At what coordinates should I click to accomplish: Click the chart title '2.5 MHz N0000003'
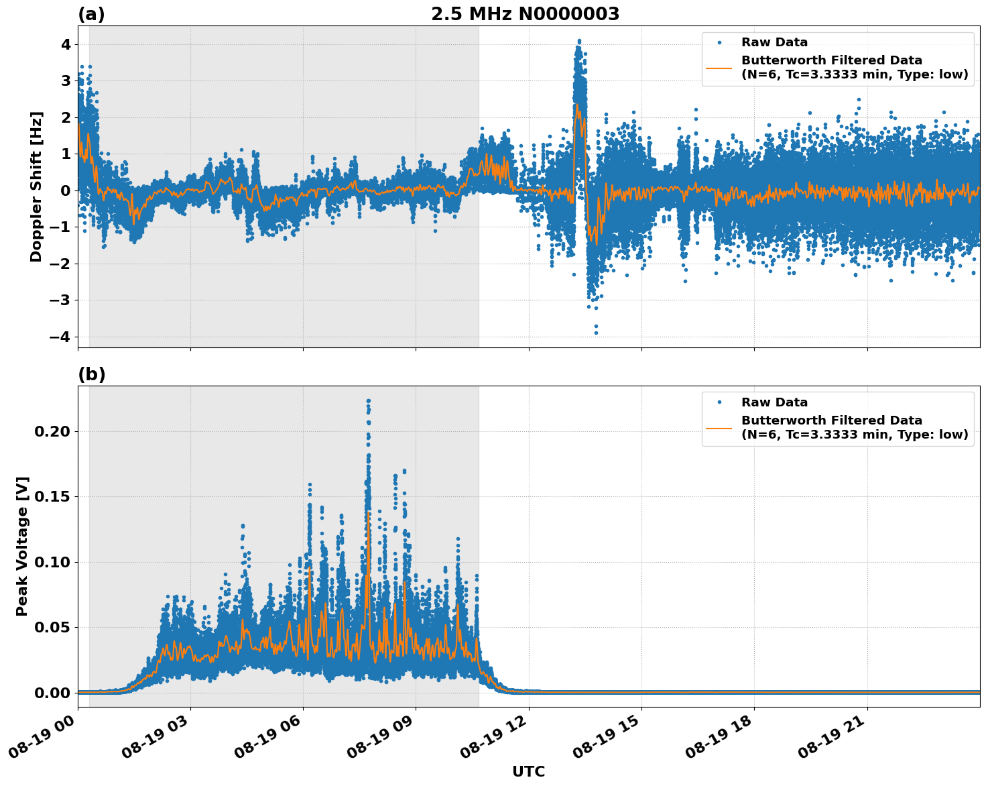click(525, 14)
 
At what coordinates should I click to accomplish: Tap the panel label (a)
click(91, 14)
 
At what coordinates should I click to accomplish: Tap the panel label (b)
click(91, 374)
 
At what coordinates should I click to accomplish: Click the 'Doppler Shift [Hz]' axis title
click(36, 186)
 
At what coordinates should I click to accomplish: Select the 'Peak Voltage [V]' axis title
click(22, 547)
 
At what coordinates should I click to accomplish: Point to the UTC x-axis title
click(528, 771)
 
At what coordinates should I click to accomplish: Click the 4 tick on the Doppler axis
click(66, 44)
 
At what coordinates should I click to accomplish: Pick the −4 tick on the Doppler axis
click(60, 337)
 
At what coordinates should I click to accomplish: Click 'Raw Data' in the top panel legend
click(774, 42)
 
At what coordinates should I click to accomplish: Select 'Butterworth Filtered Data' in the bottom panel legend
click(831, 420)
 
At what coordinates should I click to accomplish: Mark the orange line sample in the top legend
click(719, 68)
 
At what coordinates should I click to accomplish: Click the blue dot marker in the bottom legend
click(719, 402)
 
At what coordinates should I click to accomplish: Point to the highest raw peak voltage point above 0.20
click(368, 401)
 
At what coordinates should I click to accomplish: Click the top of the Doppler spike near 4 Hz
click(579, 41)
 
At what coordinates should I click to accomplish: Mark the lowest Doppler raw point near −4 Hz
click(595, 333)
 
